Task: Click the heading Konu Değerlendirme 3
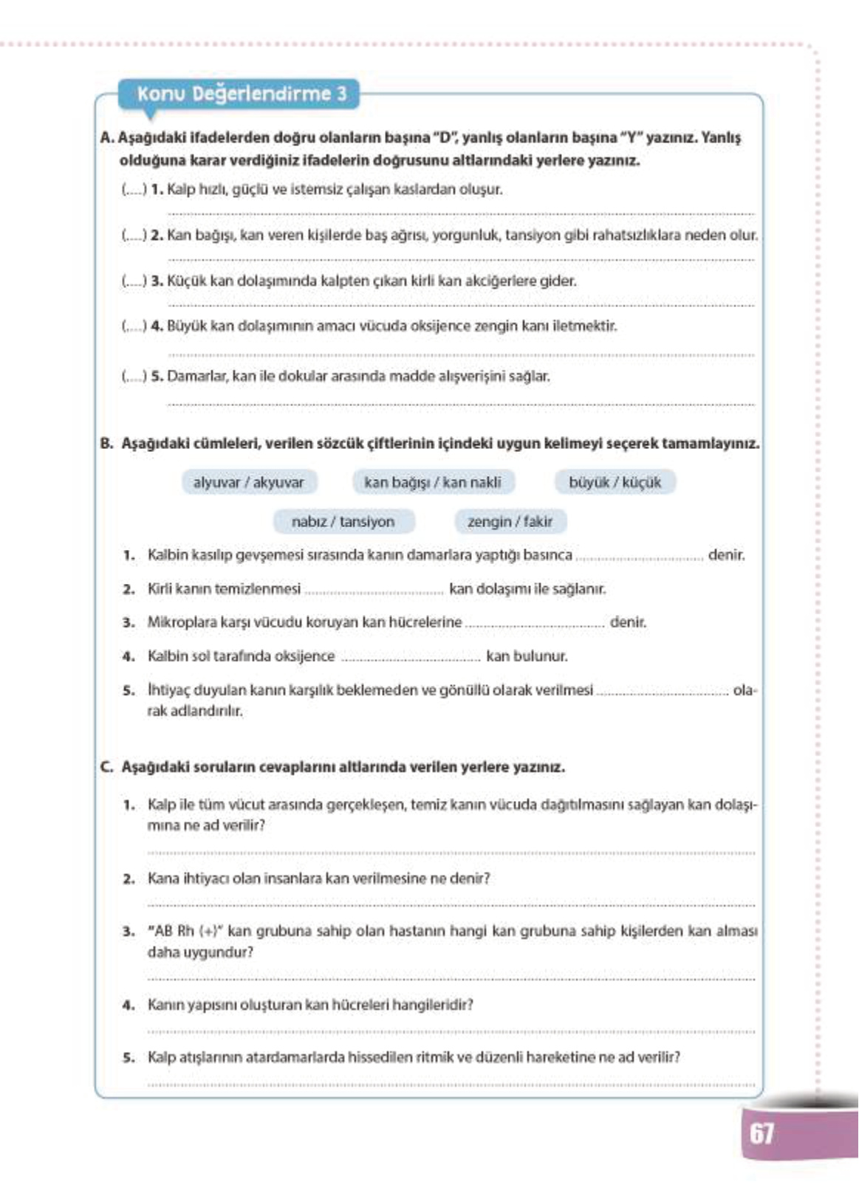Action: tap(241, 94)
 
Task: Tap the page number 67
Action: tap(762, 1133)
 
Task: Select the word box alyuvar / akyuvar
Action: tap(248, 483)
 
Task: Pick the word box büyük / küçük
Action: tap(615, 483)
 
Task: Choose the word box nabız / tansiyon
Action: tap(343, 522)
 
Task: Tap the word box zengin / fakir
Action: tap(510, 522)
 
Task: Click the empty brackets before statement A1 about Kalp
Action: tap(134, 190)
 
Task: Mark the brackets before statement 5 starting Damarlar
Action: tap(134, 377)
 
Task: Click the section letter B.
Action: tap(106, 444)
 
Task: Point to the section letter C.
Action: tap(106, 767)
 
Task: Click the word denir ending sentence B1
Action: tap(726, 554)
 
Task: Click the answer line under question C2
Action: tap(451, 904)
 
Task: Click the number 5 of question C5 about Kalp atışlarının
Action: tap(129, 1058)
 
